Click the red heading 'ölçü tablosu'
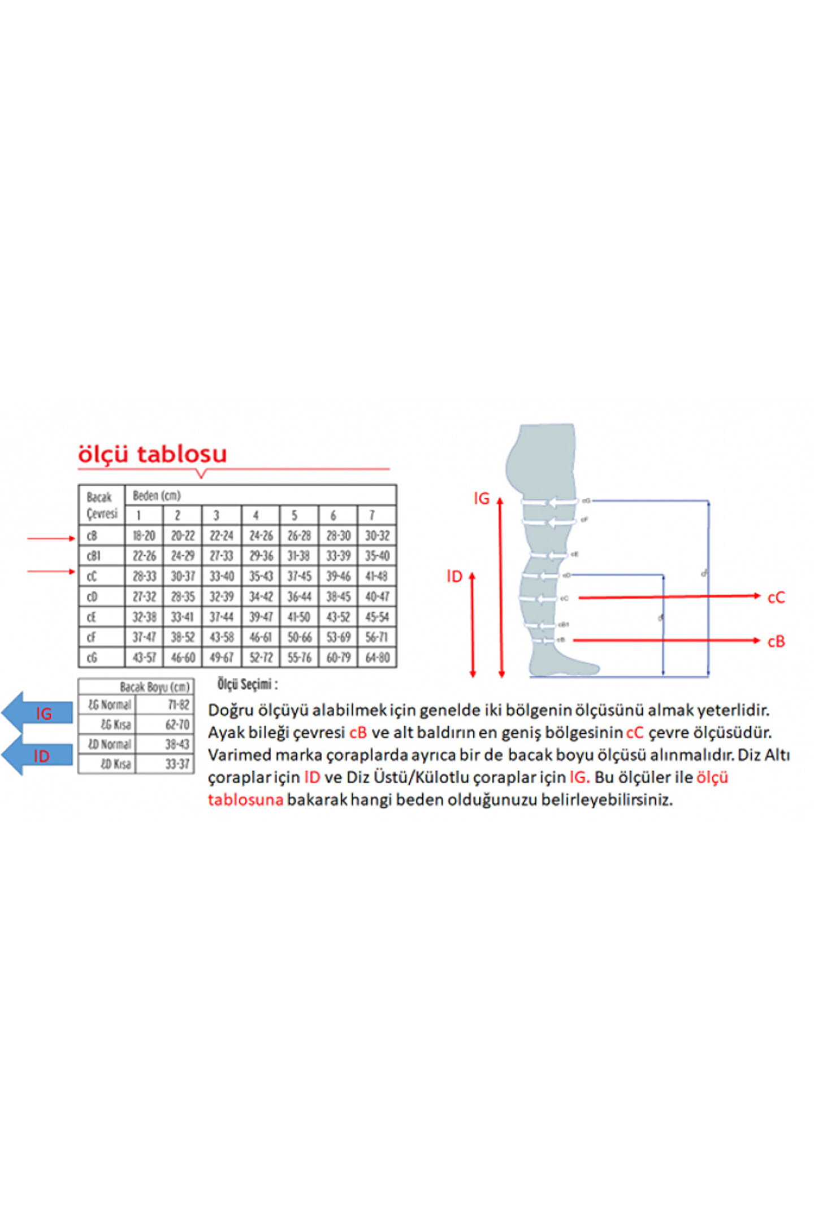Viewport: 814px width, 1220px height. pyautogui.click(x=152, y=454)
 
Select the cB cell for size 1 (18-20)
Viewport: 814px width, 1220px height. pyautogui.click(x=144, y=535)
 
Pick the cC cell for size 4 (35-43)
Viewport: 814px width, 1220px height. pyautogui.click(x=261, y=576)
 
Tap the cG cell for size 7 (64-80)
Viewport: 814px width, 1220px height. pyautogui.click(x=377, y=657)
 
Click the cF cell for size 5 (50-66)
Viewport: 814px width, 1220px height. pyautogui.click(x=299, y=637)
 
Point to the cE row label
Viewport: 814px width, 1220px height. pyautogui.click(x=92, y=617)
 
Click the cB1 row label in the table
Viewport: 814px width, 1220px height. pyautogui.click(x=93, y=556)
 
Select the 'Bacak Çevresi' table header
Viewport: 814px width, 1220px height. pyautogui.click(x=102, y=505)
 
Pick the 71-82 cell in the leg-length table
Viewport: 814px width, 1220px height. pyautogui.click(x=178, y=704)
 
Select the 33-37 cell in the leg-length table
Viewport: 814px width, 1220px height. pyautogui.click(x=177, y=764)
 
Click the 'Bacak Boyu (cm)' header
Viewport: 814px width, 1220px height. pyautogui.click(x=154, y=687)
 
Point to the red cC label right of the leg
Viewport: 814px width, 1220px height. pyautogui.click(x=776, y=598)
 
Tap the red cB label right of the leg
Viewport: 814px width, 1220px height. pyautogui.click(x=776, y=642)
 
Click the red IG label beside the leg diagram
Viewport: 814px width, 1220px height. pyautogui.click(x=481, y=498)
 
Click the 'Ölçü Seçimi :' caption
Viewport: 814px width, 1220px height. pyautogui.click(x=247, y=685)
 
